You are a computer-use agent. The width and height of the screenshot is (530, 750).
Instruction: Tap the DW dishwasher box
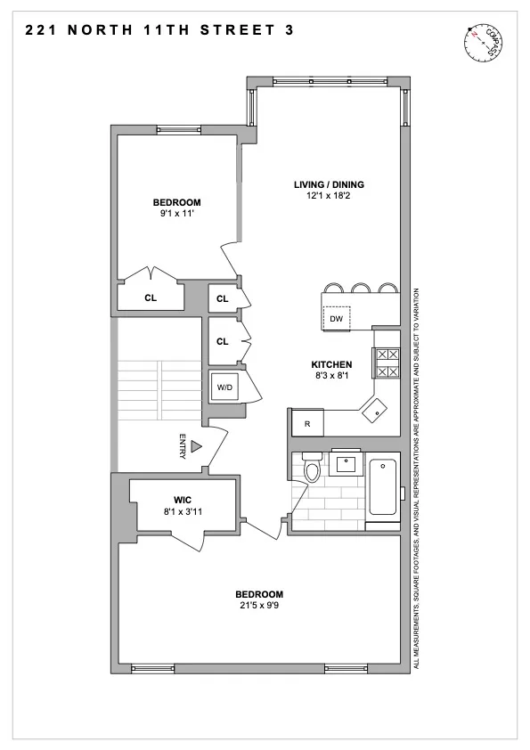(336, 318)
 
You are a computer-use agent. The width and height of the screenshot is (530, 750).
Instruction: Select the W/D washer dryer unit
(223, 387)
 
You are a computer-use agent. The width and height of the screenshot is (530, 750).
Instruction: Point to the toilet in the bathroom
(312, 469)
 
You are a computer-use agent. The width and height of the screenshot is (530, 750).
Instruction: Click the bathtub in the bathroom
(384, 488)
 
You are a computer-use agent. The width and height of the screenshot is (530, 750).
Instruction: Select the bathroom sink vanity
(347, 463)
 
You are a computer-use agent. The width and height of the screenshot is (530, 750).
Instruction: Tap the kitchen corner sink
(374, 410)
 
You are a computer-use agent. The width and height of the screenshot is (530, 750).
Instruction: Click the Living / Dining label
(329, 185)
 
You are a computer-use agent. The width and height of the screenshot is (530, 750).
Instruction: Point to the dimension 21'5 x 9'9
(259, 607)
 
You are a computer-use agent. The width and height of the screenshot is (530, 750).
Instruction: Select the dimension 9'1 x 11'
(175, 214)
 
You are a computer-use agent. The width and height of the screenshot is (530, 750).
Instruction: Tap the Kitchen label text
(331, 364)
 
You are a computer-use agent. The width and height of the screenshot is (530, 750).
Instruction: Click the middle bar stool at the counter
(362, 288)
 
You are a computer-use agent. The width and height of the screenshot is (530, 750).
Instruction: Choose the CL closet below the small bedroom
(151, 298)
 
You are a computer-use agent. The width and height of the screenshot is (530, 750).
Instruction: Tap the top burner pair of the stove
(387, 354)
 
